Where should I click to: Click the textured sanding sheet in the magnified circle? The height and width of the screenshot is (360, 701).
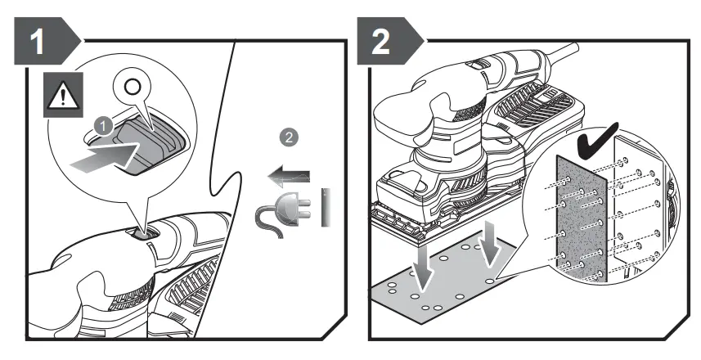[581, 221]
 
